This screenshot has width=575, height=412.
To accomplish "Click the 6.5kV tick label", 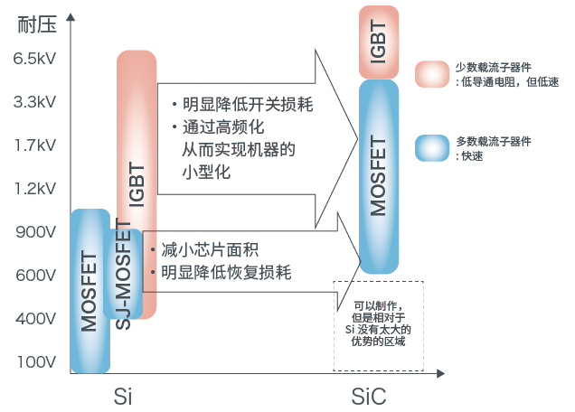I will (35, 59).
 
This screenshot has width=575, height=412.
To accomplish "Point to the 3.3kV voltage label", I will (35, 101).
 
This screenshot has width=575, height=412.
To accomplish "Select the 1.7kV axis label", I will (35, 145).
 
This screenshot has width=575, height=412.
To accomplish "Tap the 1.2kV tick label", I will (35, 188).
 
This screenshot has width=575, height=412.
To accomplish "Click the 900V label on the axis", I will (36, 231).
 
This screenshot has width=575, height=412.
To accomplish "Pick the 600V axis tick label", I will (36, 275).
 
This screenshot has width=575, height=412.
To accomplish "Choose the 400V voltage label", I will (36, 318).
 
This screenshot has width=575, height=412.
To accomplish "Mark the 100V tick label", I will (36, 361).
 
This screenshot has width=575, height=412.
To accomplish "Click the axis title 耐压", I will (34, 24).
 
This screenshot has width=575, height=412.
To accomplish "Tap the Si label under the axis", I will (124, 396).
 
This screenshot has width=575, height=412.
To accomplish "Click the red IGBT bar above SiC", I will (378, 41).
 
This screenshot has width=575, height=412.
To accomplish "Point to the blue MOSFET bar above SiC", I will (378, 176).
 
